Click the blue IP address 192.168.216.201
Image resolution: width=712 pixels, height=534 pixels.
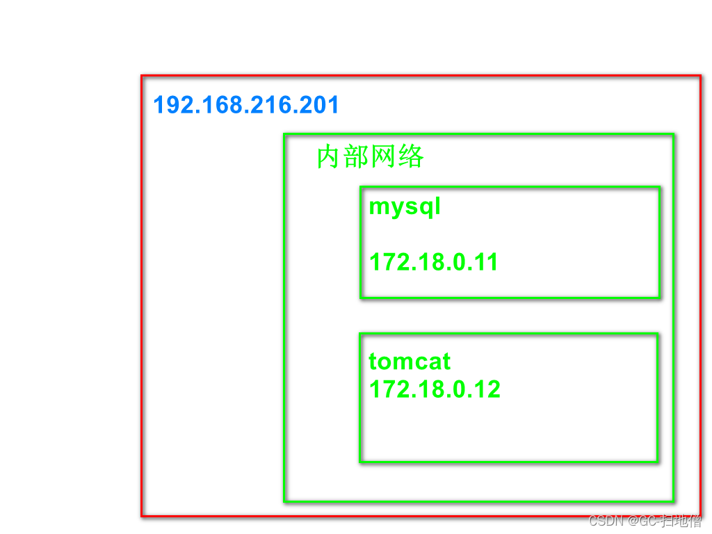point(246,106)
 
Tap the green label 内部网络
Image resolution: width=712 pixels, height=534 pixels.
point(370,157)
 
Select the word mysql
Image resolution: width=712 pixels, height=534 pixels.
point(405,207)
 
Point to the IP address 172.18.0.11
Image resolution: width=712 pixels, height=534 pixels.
point(433,262)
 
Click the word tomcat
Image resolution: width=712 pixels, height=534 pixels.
point(410,362)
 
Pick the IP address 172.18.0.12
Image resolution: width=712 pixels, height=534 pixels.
point(435,389)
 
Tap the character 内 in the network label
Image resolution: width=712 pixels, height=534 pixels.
point(330,157)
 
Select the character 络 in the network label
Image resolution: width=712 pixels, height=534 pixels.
point(411,157)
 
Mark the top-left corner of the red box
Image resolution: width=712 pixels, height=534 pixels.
point(142,76)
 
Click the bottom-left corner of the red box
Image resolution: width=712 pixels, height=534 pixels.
point(142,516)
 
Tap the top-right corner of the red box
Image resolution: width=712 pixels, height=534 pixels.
point(701,76)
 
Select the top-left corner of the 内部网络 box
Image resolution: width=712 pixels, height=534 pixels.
point(284,134)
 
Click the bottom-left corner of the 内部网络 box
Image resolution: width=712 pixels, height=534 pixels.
point(284,501)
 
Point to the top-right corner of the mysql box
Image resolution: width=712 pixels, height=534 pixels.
point(659,187)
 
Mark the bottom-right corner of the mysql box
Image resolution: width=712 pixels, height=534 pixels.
point(659,298)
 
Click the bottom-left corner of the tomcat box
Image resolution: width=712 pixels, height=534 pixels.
point(360,462)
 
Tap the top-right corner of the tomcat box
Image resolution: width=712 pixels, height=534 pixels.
point(658,334)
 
